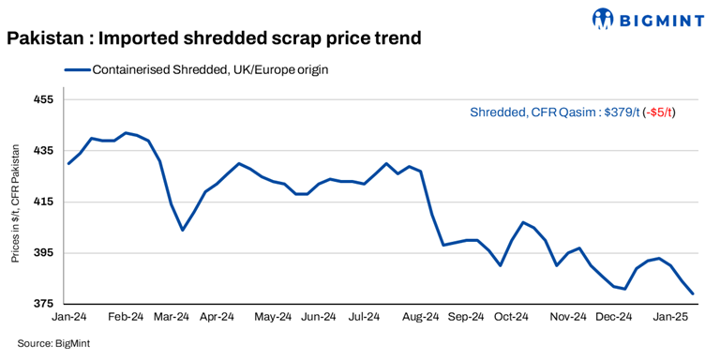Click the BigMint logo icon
coord(604,18)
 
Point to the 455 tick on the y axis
coord(44,99)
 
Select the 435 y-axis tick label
coord(44,151)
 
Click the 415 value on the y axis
coord(44,202)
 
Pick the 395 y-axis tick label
coord(44,253)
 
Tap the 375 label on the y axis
coord(44,305)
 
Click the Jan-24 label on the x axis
coord(70,319)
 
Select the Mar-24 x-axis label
coord(171,319)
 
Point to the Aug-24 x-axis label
coord(421,319)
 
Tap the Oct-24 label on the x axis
coord(511,319)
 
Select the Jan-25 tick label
coord(671,319)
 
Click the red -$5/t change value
coord(659,112)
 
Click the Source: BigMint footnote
coord(53,343)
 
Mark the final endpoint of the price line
coord(693,294)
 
